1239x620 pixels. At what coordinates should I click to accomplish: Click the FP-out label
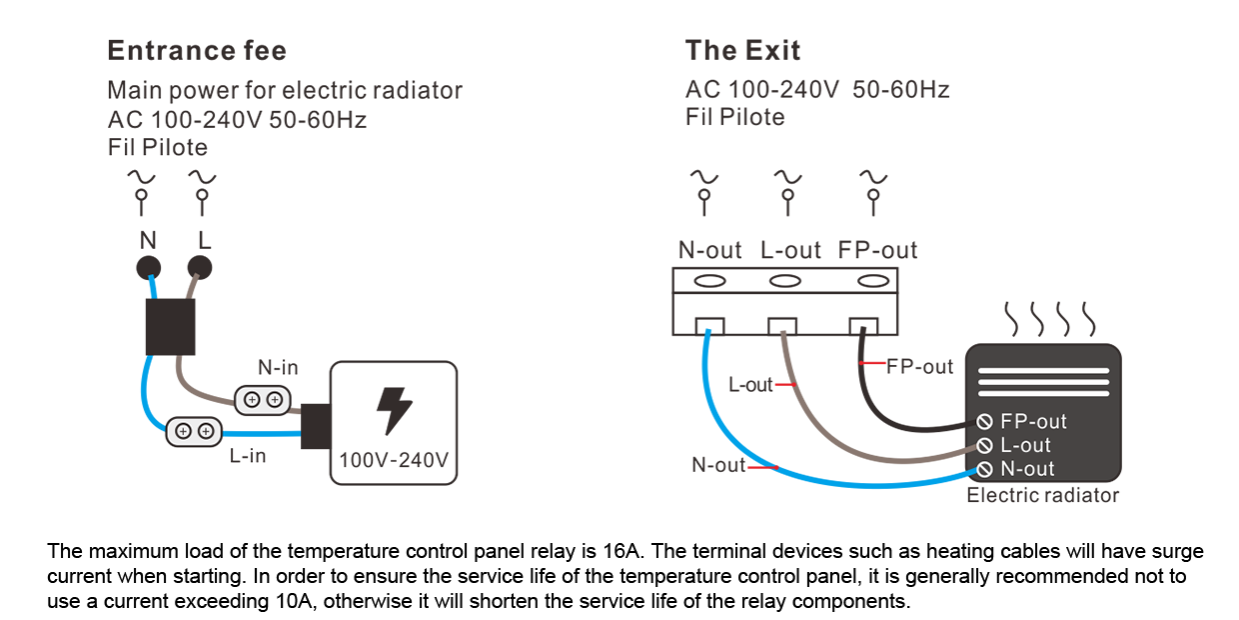pos(1033,422)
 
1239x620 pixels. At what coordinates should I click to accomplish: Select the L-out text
pos(1025,446)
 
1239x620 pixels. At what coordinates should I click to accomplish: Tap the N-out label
pos(1027,469)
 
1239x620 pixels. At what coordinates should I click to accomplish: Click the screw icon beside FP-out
pos(984,422)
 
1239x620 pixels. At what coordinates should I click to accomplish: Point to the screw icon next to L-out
pos(984,446)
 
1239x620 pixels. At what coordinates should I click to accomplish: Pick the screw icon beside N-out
pos(984,469)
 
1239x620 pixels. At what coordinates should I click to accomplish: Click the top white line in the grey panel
pos(1043,371)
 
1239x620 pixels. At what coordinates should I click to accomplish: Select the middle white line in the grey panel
pos(1043,382)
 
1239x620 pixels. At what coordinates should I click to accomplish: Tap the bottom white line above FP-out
pos(1043,393)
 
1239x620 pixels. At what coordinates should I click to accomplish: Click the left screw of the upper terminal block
pos(252,400)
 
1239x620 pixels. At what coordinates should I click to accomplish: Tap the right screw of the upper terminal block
pos(274,400)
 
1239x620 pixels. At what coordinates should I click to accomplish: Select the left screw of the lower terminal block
pos(183,431)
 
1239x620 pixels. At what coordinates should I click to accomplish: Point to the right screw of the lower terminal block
pos(205,431)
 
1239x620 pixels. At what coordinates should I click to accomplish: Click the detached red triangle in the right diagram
pos(876,363)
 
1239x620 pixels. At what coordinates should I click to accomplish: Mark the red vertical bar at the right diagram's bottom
pos(758,485)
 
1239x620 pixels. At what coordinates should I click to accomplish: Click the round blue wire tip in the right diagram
pos(708,328)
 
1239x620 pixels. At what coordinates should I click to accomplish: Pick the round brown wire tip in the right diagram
pos(783,328)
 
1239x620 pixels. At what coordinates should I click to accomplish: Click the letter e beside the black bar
pos(1200,552)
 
